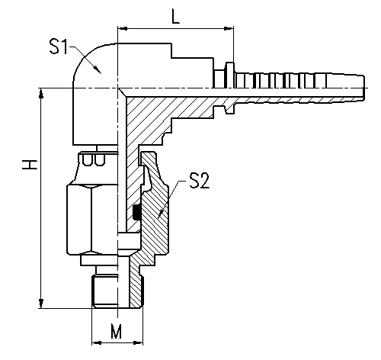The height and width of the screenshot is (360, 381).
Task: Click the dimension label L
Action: point(176,16)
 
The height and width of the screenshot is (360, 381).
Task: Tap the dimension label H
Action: point(30,165)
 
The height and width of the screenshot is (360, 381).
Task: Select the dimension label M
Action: point(117,331)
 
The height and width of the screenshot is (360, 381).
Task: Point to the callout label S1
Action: point(59,47)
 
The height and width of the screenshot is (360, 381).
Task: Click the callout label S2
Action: point(200,181)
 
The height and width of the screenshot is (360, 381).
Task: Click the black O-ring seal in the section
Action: point(137,212)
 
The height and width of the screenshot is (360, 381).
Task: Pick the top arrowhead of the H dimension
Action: point(41,93)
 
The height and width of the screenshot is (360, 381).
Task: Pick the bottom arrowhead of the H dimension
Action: point(41,304)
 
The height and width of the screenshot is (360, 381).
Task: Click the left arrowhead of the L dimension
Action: point(123,28)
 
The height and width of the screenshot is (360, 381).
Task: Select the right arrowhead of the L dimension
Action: point(229,28)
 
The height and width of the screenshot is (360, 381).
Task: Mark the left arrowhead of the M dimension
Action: point(97,342)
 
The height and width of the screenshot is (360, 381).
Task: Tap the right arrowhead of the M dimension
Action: point(138,342)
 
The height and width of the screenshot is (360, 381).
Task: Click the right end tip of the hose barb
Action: point(365,88)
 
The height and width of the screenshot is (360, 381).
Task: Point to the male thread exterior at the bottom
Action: point(104,291)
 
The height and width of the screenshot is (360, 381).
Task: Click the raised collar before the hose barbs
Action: point(230,76)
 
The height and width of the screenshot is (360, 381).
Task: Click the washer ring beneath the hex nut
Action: point(99,261)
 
